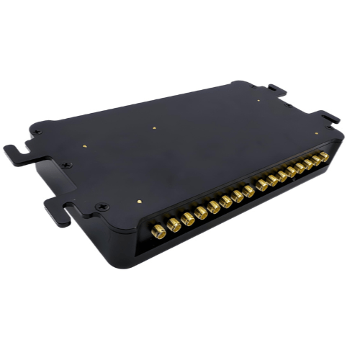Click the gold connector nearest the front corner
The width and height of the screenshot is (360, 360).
point(158,230)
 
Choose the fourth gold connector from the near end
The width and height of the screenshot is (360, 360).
point(201,213)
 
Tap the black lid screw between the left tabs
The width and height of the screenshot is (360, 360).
point(67,166)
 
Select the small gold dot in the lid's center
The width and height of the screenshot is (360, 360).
point(155,130)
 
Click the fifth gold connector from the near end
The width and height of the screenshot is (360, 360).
point(214,207)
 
